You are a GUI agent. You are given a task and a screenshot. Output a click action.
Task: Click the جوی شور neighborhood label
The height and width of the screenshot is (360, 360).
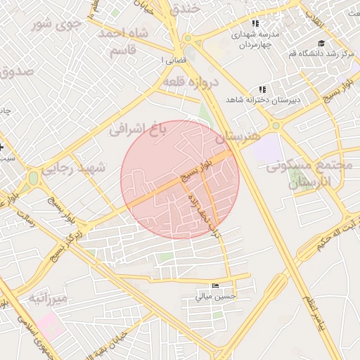(57, 24)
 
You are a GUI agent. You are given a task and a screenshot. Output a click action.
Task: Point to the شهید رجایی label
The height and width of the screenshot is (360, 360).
(73, 169)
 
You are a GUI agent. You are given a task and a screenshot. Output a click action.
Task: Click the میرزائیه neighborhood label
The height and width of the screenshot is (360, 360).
(49, 299)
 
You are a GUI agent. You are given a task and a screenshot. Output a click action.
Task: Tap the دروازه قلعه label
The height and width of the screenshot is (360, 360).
(191, 82)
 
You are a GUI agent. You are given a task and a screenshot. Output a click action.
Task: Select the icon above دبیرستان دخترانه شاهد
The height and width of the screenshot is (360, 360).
(263, 89)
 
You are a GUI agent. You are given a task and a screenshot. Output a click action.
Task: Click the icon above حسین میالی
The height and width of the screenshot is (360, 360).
(215, 285)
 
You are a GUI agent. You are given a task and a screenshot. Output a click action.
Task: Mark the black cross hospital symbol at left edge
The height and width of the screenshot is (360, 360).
(2, 147)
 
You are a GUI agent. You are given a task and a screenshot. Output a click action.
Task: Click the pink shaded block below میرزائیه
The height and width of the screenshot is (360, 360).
(50, 324)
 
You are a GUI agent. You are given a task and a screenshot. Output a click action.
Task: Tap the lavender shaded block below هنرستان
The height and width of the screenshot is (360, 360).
(266, 150)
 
